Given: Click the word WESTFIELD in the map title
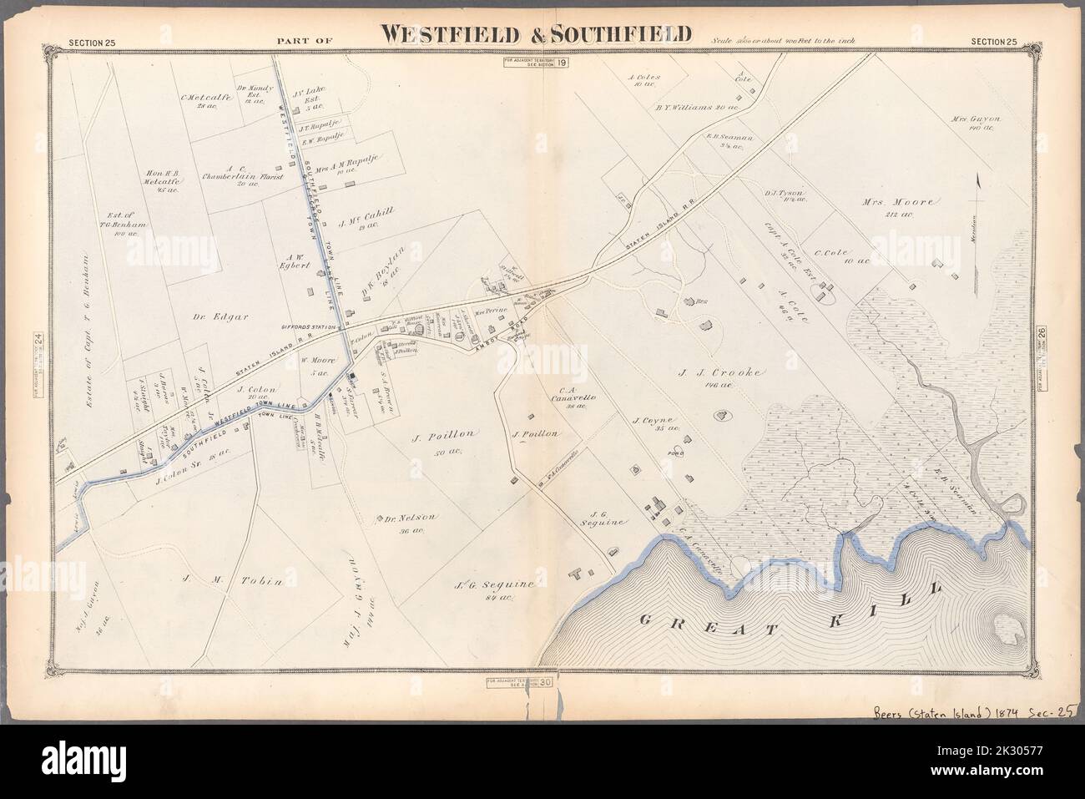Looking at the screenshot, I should coord(447,33).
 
